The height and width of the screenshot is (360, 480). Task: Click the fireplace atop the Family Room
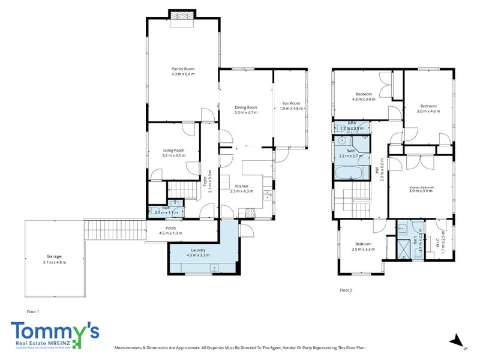point(182,18)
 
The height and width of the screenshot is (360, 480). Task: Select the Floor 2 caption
point(346,290)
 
